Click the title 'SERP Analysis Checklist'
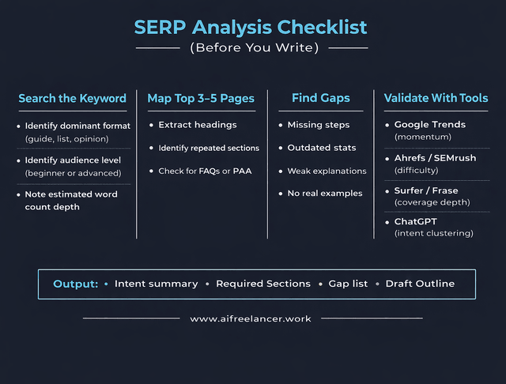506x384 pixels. pyautogui.click(x=251, y=27)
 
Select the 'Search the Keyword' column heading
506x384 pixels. pyautogui.click(x=72, y=99)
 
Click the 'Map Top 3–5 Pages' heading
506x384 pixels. pyautogui.click(x=201, y=99)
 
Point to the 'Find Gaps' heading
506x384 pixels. pyautogui.click(x=321, y=99)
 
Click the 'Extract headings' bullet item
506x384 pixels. pyautogui.click(x=197, y=125)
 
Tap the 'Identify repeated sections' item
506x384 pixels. pyautogui.click(x=209, y=148)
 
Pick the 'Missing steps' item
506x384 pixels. pyautogui.click(x=319, y=125)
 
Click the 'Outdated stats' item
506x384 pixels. pyautogui.click(x=322, y=148)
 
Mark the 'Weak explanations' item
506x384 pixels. pyautogui.click(x=327, y=171)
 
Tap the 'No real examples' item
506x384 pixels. pyautogui.click(x=325, y=194)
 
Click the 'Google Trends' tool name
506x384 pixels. pyautogui.click(x=430, y=125)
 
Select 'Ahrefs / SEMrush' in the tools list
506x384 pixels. pyautogui.click(x=435, y=158)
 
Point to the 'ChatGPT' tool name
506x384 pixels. pyautogui.click(x=416, y=222)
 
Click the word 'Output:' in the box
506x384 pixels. pyautogui.click(x=76, y=284)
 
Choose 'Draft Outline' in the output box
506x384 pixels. pyautogui.click(x=420, y=284)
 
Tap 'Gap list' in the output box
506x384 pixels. pyautogui.click(x=348, y=284)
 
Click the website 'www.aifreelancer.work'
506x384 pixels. pyautogui.click(x=251, y=318)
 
